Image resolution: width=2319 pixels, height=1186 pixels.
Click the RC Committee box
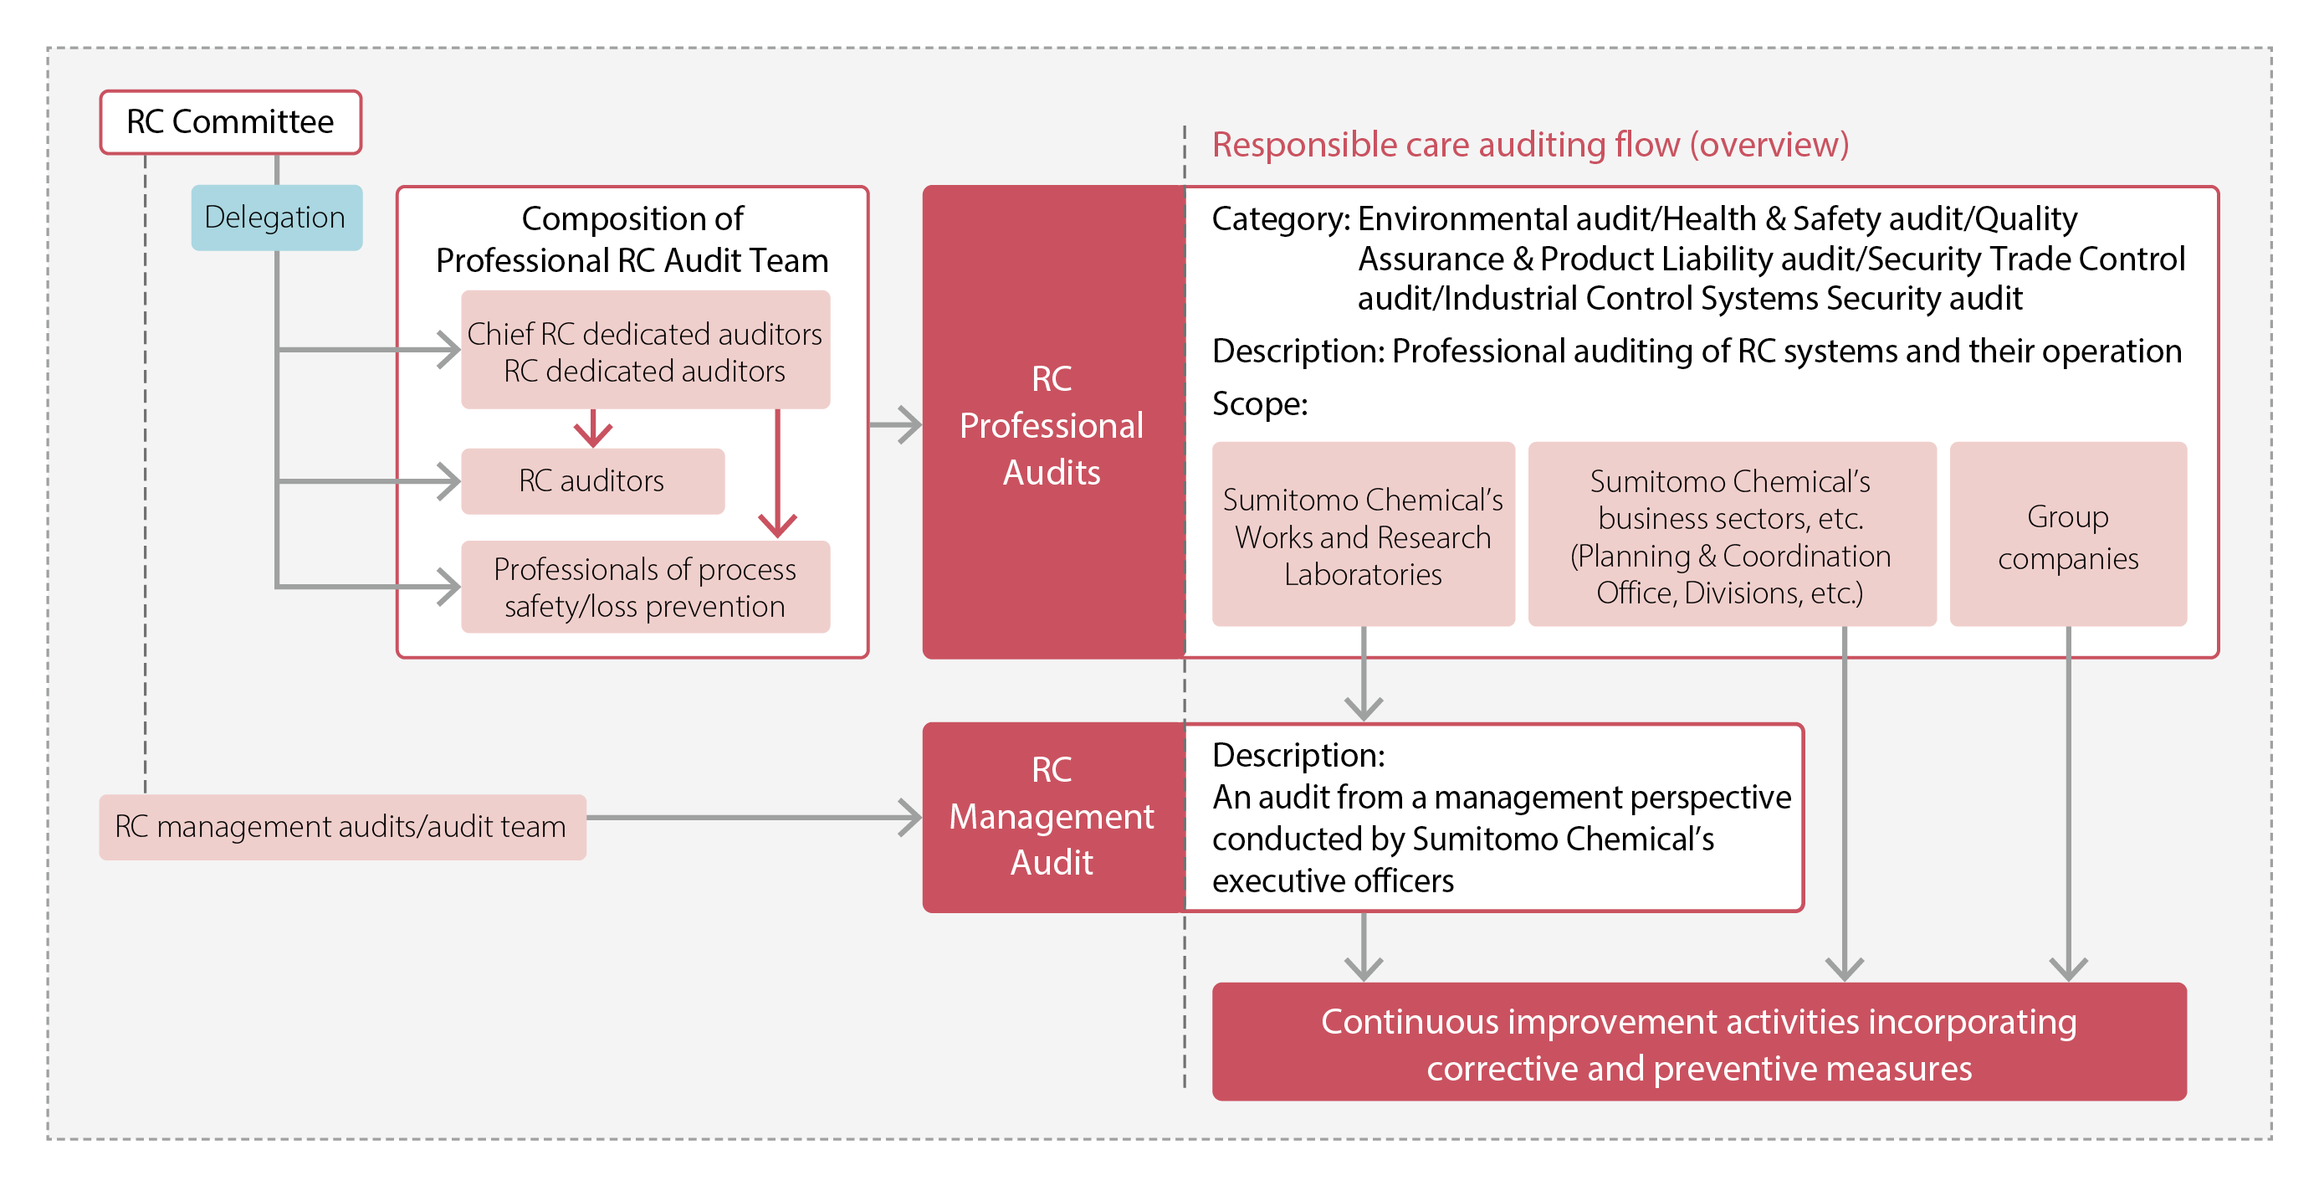[x=230, y=121]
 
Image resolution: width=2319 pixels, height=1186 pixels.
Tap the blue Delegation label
[x=275, y=217]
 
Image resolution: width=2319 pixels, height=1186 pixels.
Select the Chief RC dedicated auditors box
[x=644, y=351]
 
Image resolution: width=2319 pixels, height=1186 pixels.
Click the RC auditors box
[x=591, y=481]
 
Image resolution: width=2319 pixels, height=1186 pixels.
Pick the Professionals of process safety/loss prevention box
[x=644, y=588]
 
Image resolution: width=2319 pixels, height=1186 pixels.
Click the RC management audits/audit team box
[x=341, y=826]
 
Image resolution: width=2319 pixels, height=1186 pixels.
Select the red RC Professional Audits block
[x=1052, y=424]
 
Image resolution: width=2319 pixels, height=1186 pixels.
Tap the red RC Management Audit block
[x=1052, y=816]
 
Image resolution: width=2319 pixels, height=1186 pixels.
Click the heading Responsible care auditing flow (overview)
[x=1529, y=144]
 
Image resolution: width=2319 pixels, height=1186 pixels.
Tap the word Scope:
[x=1258, y=403]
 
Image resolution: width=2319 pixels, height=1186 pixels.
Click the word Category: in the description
[x=1279, y=218]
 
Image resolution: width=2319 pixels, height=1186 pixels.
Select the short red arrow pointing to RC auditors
[x=592, y=429]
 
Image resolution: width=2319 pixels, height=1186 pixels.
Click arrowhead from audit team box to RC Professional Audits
[x=909, y=425]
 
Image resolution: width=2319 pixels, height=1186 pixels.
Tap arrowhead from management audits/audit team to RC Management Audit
[x=909, y=818]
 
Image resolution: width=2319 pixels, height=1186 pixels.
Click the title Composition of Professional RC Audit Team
[x=632, y=239]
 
